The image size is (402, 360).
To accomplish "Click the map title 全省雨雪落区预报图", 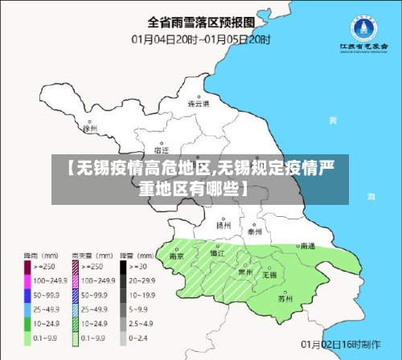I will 202,21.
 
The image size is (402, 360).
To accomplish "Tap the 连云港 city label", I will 198,104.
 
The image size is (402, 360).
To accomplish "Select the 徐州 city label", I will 89,128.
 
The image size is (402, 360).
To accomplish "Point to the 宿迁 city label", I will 161,150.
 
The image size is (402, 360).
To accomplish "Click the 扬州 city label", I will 224,226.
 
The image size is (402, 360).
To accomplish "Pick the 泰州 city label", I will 255,231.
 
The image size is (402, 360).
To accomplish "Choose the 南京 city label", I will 177,256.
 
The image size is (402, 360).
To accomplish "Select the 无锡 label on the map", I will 269,275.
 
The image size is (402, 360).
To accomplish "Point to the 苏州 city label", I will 284,299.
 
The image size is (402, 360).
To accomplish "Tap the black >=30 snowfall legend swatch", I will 125,264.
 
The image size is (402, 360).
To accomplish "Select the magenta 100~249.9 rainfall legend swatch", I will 27,280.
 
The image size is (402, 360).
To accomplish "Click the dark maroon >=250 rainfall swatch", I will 27,264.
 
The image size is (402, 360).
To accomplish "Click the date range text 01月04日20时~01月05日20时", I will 202,38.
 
